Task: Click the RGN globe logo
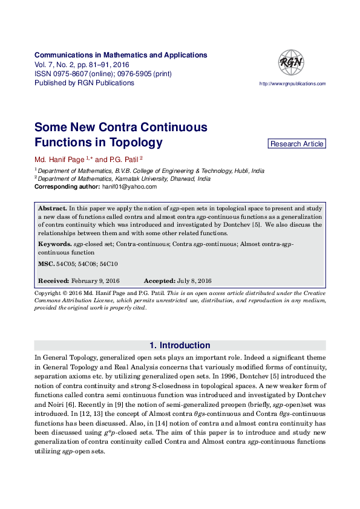tap(290, 62)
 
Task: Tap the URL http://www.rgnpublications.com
tap(292, 84)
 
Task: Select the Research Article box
tap(296, 144)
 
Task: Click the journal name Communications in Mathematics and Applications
tap(120, 55)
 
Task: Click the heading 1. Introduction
tap(180, 346)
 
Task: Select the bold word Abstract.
tap(52, 208)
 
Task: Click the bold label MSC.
tap(46, 264)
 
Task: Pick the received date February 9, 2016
tap(95, 281)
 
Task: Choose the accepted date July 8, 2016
tap(194, 281)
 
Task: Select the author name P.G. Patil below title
tap(123, 160)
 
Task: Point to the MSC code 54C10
tap(108, 264)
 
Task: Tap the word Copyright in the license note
tap(50, 293)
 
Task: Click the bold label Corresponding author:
tap(67, 187)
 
